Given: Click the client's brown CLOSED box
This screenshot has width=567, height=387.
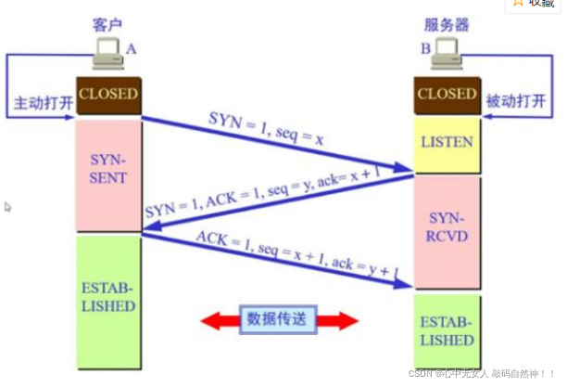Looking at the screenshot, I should tap(108, 95).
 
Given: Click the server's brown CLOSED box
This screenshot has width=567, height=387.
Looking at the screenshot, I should tap(447, 95).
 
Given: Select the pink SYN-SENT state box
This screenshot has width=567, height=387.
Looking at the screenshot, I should tap(108, 170).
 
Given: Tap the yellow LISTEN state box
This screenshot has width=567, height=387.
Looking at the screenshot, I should tap(447, 143).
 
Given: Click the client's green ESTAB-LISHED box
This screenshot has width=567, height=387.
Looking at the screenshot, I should tap(108, 298).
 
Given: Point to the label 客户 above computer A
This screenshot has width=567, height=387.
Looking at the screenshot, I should tap(108, 22).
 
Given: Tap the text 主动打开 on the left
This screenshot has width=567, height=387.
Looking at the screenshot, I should tap(38, 99).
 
